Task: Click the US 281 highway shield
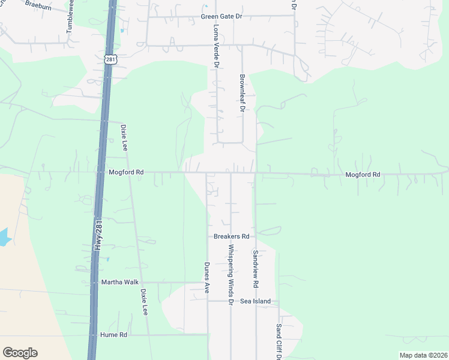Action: tap(109, 59)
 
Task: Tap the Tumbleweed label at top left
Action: tap(70, 16)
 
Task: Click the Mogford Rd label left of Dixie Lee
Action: tap(126, 172)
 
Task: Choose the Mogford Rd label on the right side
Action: tap(363, 175)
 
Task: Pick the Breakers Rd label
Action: tap(231, 236)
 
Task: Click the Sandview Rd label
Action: tap(255, 268)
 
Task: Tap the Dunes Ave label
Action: tap(206, 275)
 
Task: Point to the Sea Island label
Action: tap(256, 301)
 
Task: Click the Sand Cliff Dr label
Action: tap(279, 341)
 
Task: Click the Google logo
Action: tap(20, 353)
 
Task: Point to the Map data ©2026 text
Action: tap(423, 355)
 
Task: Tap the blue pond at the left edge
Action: tap(4, 237)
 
